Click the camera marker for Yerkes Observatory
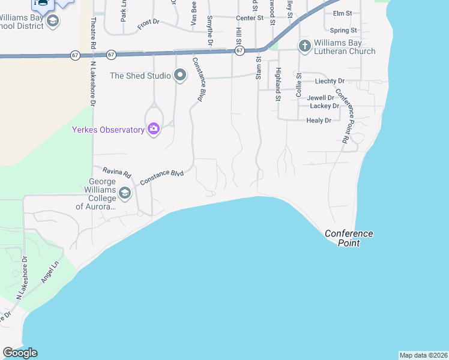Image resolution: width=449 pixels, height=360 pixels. coord(154,129)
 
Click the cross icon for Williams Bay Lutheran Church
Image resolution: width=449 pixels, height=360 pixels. coord(304,46)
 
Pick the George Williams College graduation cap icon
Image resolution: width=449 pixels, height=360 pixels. coord(125,193)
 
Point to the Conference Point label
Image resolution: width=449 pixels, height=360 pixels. coord(349,238)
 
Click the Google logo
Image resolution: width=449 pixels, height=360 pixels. coord(20,353)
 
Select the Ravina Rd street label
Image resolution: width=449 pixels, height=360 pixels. coord(116,172)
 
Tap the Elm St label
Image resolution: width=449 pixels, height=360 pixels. coord(342,13)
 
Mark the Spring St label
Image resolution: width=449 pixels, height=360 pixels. coord(344,30)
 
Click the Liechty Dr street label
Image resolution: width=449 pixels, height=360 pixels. coord(330,80)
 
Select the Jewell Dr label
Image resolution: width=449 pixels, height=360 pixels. coord(321,97)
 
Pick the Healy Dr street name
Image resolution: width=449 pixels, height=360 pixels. coord(319,121)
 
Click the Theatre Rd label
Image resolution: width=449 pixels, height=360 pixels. coord(94,32)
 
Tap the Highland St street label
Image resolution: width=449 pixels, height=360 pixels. coord(279,84)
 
